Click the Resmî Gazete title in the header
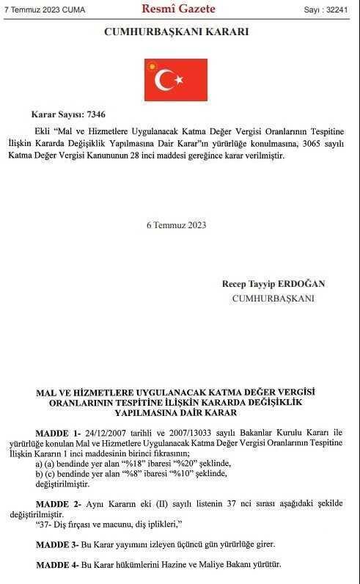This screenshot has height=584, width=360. pyautogui.click(x=179, y=10)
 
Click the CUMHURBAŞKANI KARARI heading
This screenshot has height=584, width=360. pyautogui.click(x=176, y=32)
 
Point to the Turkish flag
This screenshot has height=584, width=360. pyautogui.click(x=176, y=79)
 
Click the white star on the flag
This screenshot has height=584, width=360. pyautogui.click(x=178, y=79)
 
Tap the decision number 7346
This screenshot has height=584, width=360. pyautogui.click(x=96, y=115)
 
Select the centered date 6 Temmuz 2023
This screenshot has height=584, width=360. pyautogui.click(x=176, y=225)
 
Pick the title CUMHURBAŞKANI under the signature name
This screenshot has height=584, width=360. pyautogui.click(x=273, y=298)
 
